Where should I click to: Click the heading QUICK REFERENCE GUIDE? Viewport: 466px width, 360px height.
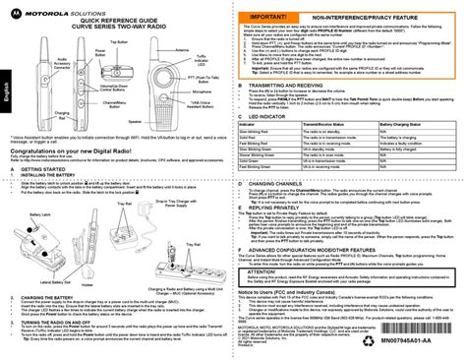pyautogui.click(x=115, y=21)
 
